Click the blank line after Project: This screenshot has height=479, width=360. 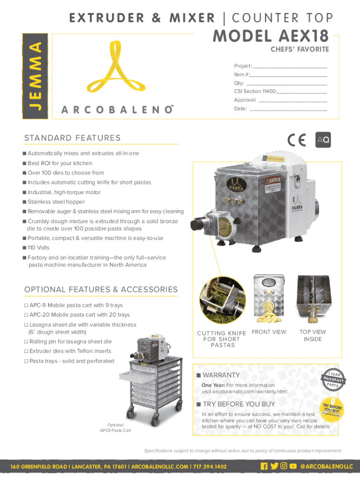[x=289, y=66]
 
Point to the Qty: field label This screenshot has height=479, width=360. [x=239, y=83]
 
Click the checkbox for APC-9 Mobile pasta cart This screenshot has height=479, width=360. [x=26, y=305]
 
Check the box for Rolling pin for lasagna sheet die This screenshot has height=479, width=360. [x=26, y=341]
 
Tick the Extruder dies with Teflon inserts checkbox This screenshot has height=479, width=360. [x=26, y=351]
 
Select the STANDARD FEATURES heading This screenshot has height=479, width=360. [x=72, y=138]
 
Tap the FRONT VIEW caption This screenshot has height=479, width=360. [x=269, y=332]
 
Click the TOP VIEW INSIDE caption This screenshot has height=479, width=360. [x=313, y=335]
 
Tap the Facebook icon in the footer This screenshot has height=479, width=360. [x=264, y=466]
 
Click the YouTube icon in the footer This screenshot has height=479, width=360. [x=293, y=466]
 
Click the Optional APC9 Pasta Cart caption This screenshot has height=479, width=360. [x=115, y=428]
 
